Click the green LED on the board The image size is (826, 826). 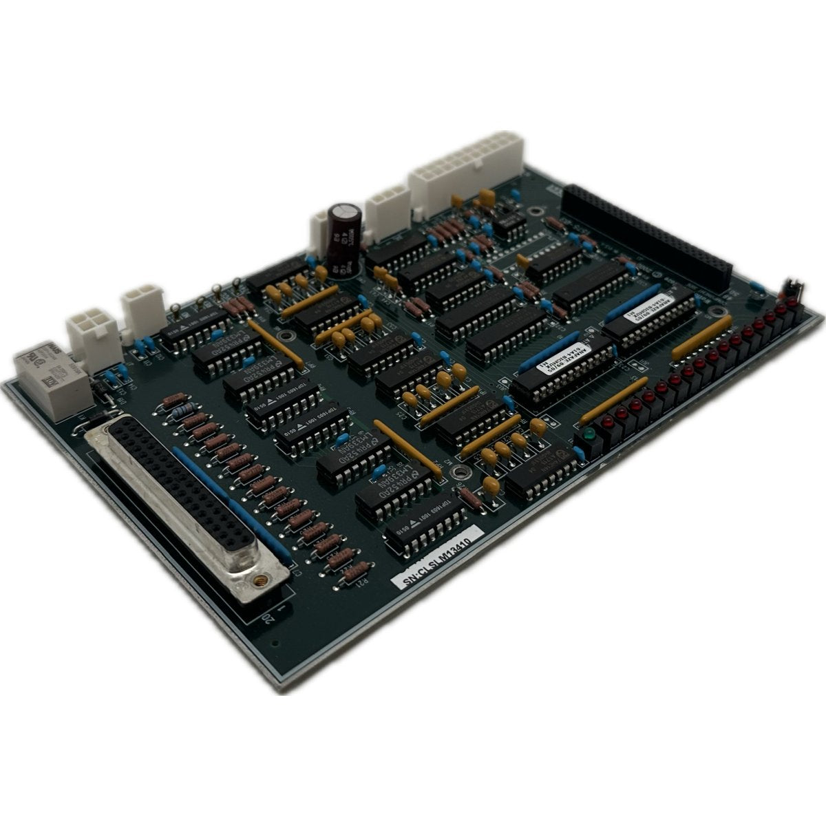pyautogui.click(x=589, y=435)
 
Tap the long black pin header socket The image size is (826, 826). pyautogui.click(x=647, y=234)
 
